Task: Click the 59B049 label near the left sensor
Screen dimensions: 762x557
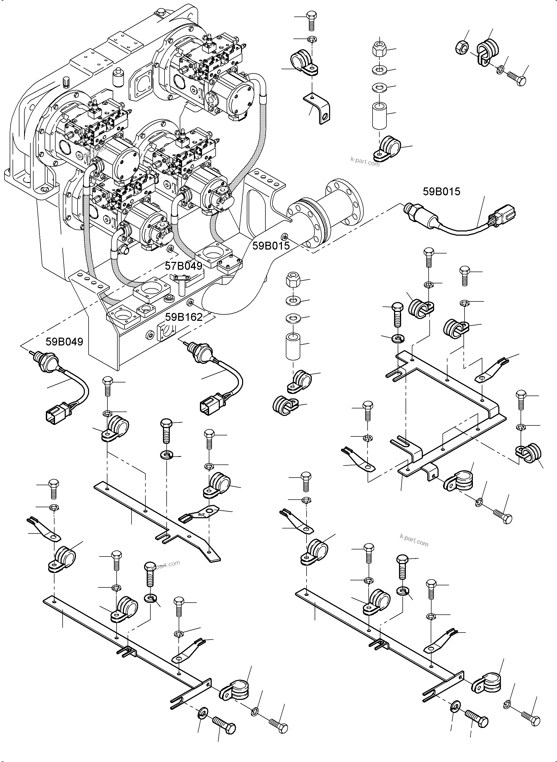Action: [64, 342]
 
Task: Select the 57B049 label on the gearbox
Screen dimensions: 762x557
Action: [183, 266]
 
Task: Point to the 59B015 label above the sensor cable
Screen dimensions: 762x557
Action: [441, 192]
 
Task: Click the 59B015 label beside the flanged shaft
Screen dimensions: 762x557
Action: [271, 246]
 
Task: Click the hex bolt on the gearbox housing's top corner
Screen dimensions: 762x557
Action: [161, 13]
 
